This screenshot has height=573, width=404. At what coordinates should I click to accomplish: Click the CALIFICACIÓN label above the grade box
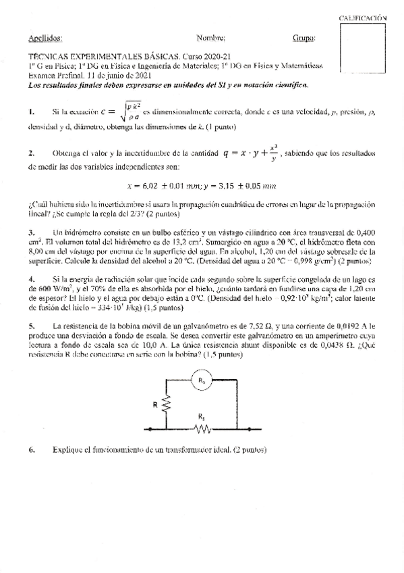[367, 19]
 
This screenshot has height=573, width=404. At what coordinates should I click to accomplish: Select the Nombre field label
[211, 39]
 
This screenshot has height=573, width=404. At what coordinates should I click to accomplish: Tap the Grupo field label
[304, 39]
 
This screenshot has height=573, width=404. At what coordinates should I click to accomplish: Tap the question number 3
[31, 232]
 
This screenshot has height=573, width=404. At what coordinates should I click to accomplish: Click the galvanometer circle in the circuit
[201, 381]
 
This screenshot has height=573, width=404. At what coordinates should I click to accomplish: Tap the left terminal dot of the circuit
[144, 428]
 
